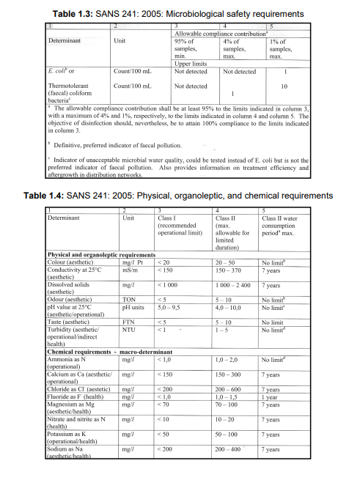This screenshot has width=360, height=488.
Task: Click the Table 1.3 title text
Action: [180, 13]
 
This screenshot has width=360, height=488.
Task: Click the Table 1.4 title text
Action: [180, 196]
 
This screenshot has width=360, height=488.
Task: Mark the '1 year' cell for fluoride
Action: [270, 396]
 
